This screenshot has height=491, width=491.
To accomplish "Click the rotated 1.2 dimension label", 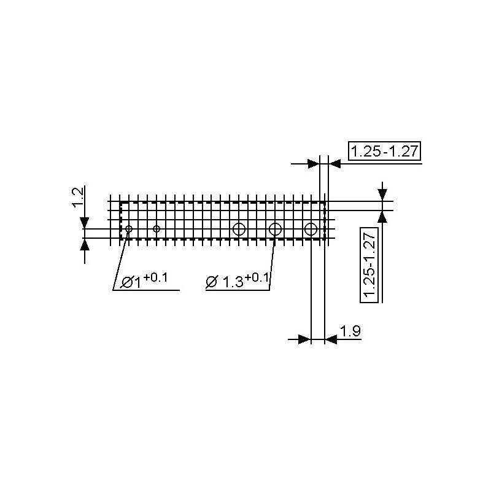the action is (78, 197).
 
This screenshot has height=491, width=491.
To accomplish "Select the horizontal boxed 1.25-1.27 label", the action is (385, 151).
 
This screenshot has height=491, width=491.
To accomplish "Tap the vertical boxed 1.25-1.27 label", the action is (369, 265).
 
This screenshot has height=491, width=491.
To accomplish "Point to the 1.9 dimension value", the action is (350, 331).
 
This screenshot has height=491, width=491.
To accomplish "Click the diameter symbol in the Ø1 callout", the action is (126, 282).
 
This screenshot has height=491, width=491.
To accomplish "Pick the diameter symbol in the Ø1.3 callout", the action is (211, 282).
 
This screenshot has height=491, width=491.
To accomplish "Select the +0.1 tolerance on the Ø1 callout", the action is (155, 278).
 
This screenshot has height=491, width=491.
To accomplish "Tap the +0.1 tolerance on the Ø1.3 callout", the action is (257, 277).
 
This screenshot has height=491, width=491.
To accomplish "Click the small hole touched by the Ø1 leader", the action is (129, 229).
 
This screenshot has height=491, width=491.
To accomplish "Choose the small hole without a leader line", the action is (157, 229).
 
